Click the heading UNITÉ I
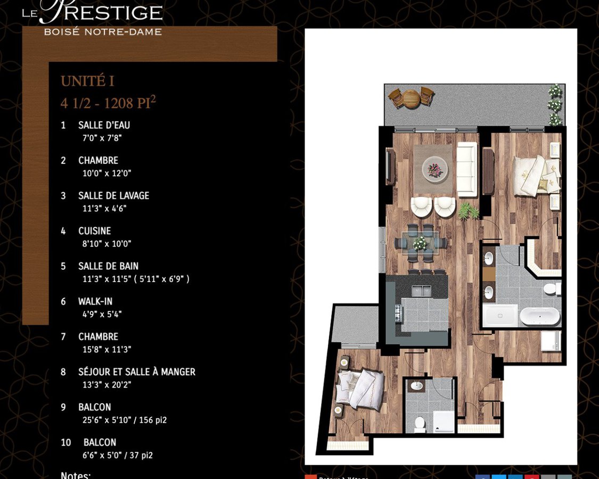coord(87,81)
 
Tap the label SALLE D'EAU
coord(104,126)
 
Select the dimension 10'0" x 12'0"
coord(106,173)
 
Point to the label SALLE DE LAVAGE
coord(113,196)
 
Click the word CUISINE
coord(94,231)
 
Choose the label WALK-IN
coord(95,302)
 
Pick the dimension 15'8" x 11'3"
coord(106,349)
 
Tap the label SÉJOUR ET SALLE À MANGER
coord(136,372)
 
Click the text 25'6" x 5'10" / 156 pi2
coord(124,420)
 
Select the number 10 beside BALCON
coord(66,442)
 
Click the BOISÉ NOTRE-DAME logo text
coord(103,32)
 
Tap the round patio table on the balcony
coord(411,98)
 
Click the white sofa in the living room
coord(467,168)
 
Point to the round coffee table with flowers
coord(435,169)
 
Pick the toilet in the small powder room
coord(419,424)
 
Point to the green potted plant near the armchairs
coord(467,211)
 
